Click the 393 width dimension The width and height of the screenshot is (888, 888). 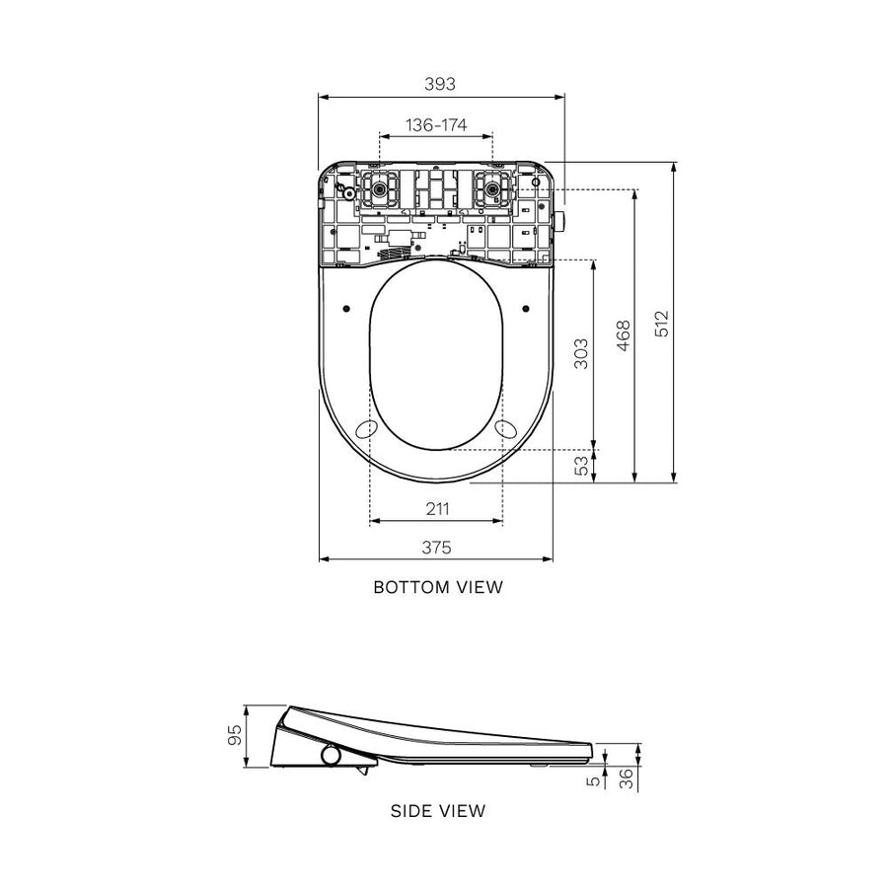click(439, 85)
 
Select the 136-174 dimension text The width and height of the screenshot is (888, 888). click(436, 125)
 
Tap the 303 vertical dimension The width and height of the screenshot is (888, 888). click(581, 353)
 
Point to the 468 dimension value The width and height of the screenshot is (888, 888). click(622, 335)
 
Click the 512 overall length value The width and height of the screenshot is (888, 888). click(662, 324)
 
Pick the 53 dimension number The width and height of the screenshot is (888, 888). click(581, 466)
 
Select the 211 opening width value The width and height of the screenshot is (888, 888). click(437, 509)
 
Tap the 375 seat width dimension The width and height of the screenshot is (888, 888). click(437, 547)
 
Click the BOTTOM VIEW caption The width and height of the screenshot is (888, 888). click(438, 587)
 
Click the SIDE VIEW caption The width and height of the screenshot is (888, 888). click(438, 811)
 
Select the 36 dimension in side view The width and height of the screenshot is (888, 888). click(627, 778)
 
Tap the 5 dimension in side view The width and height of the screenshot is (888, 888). click(592, 779)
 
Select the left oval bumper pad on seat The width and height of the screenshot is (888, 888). click(365, 429)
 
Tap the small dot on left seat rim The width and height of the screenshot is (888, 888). click(345, 309)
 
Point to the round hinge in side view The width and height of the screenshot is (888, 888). click(330, 756)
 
